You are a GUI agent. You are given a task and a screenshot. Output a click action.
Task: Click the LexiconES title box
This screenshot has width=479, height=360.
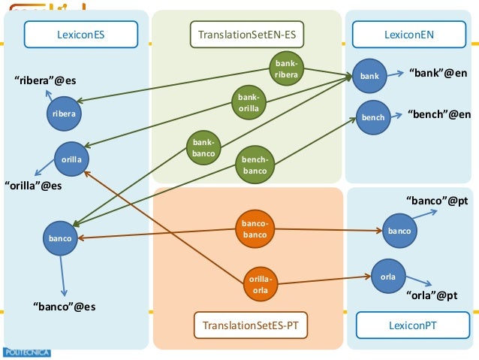(x=80, y=34)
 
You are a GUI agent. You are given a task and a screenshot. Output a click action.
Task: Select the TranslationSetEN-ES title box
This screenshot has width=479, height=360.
(x=247, y=34)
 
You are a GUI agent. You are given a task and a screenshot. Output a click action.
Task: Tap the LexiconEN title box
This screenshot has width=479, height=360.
(x=408, y=34)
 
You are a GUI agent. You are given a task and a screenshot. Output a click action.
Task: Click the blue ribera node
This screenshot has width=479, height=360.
(x=64, y=113)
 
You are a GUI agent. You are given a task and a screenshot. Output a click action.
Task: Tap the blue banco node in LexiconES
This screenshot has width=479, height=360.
(x=60, y=238)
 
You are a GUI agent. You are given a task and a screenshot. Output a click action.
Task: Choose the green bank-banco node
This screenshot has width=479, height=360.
(x=203, y=148)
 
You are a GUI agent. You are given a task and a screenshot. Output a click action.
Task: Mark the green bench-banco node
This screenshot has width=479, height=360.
(x=255, y=165)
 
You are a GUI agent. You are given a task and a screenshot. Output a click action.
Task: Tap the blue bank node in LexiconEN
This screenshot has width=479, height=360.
(x=370, y=76)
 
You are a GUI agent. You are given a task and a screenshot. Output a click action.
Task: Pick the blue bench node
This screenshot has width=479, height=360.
(x=373, y=117)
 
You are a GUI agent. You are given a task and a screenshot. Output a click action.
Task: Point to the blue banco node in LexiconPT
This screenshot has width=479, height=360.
(x=399, y=231)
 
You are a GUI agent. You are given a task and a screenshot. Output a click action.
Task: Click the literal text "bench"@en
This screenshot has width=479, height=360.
(x=438, y=114)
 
